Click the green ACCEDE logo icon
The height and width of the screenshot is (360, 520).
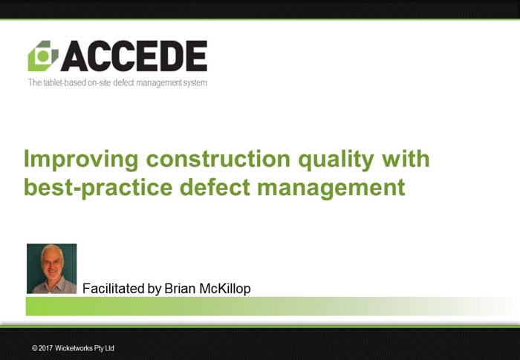(43, 56)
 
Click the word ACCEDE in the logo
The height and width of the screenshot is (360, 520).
(134, 56)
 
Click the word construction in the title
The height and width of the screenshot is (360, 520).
(218, 159)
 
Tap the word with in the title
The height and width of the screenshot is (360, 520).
(406, 158)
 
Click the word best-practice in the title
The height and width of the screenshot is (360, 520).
(98, 188)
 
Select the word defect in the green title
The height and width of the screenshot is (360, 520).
(215, 187)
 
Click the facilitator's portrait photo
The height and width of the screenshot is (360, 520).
(52, 269)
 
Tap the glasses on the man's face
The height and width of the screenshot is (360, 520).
(53, 263)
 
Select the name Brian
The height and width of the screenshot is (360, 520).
(180, 289)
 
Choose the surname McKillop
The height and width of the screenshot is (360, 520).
(225, 289)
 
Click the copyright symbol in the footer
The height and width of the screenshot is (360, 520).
(34, 348)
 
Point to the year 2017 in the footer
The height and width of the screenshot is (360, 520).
(46, 348)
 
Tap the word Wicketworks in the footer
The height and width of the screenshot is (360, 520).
(74, 348)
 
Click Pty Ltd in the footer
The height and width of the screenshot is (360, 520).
(104, 348)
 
